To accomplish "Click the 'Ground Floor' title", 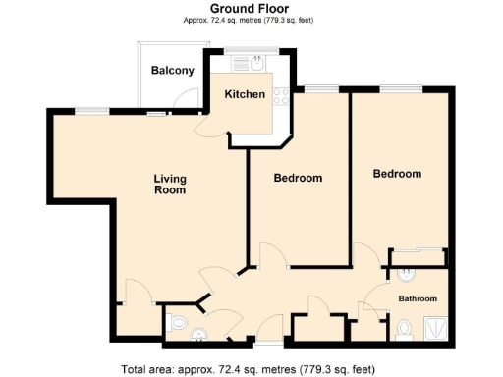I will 251,8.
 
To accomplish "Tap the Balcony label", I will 172,71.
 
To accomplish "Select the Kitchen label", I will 245,94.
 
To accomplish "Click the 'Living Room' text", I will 170,185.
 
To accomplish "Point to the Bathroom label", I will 418,298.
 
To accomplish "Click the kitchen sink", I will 257,66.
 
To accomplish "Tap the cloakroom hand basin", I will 199,335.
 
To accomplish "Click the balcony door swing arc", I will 179,98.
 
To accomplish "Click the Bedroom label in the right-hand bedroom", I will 397,174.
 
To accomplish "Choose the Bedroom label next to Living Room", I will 298,178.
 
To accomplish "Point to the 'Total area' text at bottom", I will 248,370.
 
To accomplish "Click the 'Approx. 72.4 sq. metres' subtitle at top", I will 251,21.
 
